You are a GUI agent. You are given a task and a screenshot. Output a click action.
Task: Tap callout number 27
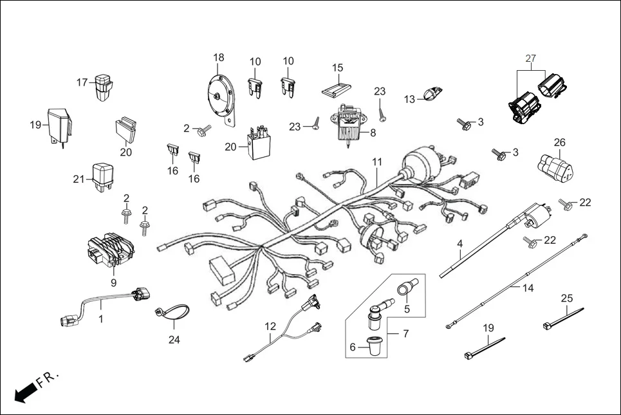click(530, 59)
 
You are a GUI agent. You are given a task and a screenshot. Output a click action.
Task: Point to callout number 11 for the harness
click(376, 161)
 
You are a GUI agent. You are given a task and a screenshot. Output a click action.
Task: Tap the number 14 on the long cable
click(528, 288)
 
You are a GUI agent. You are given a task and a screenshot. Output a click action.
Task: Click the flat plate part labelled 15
click(338, 88)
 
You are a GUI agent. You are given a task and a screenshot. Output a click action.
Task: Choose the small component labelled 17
click(103, 88)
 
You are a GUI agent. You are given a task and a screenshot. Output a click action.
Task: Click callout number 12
click(270, 326)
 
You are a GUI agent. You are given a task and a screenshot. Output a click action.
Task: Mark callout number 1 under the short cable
click(101, 318)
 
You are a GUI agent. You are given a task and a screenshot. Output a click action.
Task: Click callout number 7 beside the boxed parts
click(406, 333)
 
